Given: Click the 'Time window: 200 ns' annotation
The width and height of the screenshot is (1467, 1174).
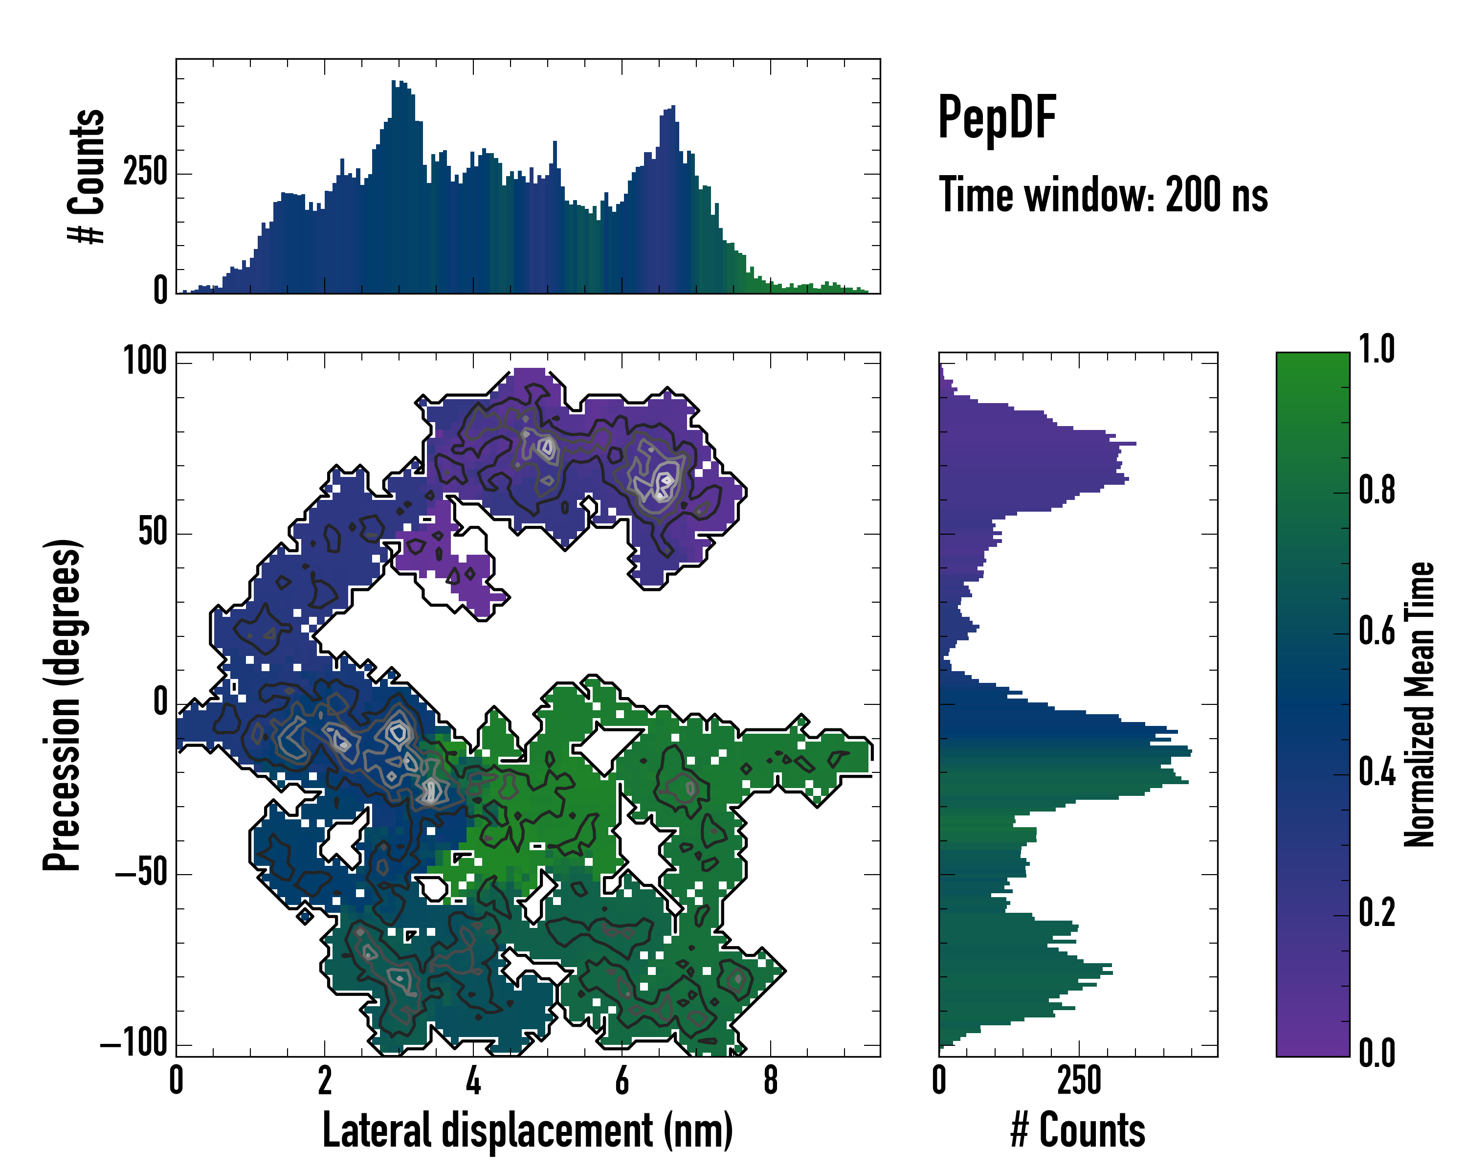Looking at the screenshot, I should (1103, 195).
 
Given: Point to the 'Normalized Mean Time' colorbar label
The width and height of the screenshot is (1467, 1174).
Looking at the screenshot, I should (1420, 704).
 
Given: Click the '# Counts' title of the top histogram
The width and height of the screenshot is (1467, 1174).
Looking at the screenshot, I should (87, 176).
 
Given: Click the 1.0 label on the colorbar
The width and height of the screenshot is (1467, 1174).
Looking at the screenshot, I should (1377, 350).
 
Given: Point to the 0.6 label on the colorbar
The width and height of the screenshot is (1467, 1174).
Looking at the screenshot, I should (1377, 631).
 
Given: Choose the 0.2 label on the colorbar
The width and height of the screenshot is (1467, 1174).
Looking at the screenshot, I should (1377, 913).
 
